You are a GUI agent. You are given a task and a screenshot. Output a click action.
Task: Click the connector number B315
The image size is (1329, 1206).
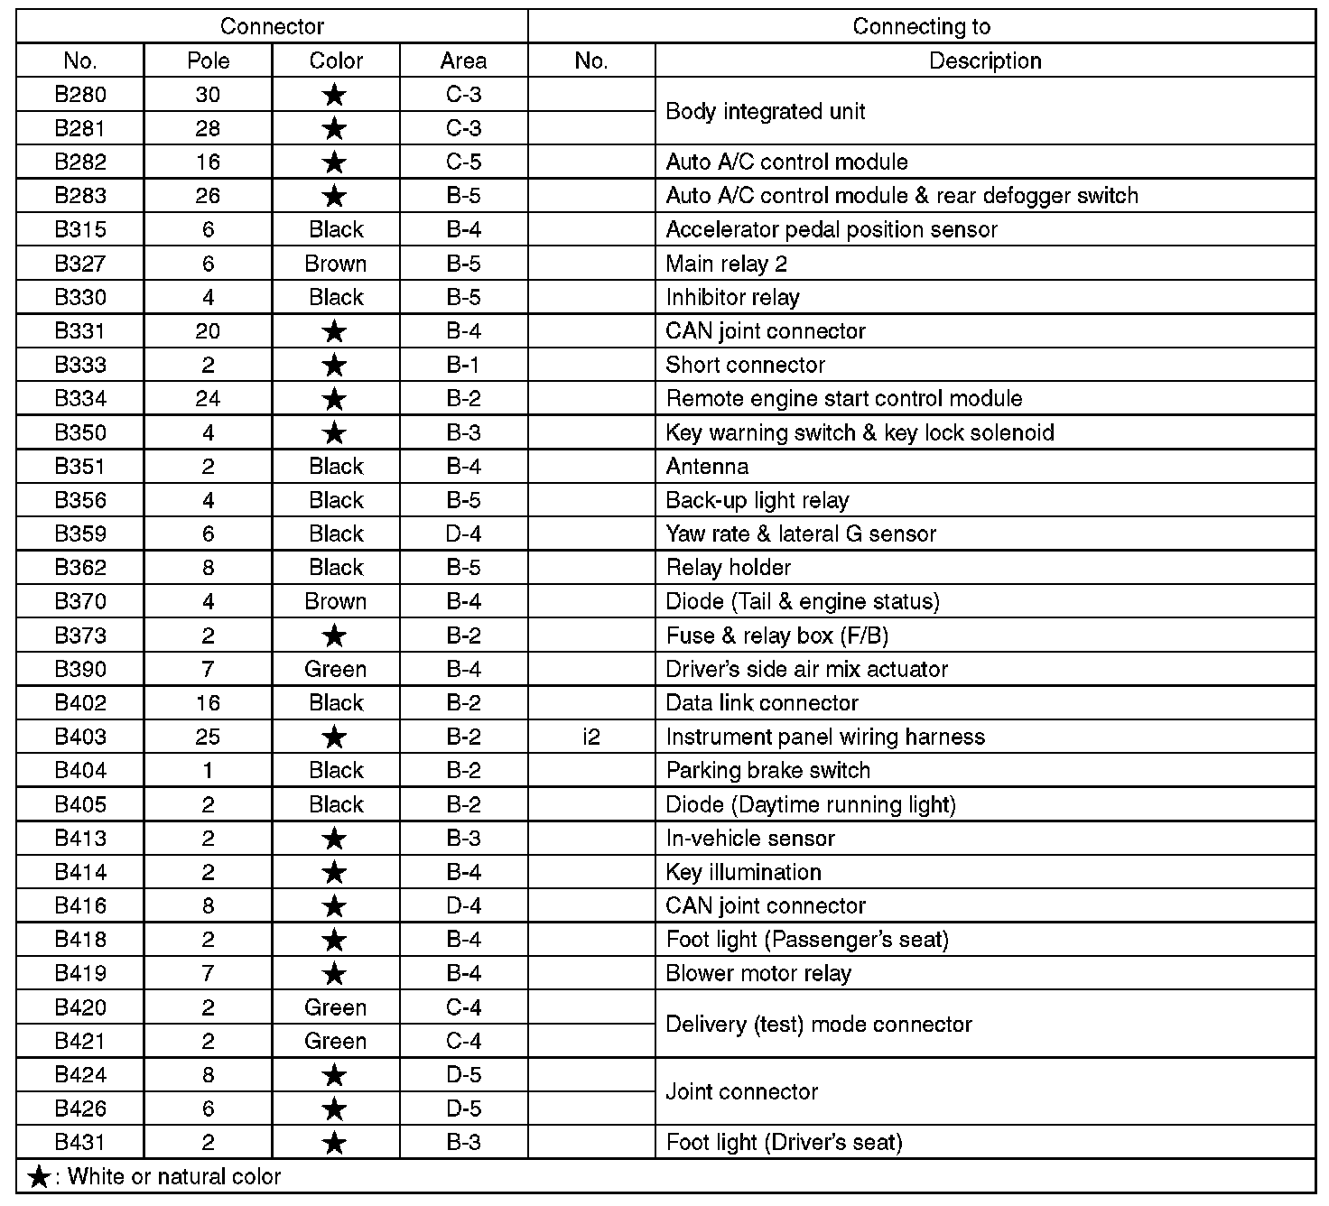(x=80, y=229)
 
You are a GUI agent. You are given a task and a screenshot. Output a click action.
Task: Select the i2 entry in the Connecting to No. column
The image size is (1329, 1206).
(x=590, y=737)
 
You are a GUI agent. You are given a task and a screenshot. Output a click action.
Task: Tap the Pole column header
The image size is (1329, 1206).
(x=208, y=60)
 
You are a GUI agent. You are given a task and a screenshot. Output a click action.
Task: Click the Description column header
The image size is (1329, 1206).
(x=985, y=60)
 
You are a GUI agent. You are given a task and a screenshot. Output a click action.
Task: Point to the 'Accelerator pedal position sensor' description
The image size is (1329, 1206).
(x=831, y=229)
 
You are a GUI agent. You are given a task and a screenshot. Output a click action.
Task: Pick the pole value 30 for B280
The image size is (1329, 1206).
(x=208, y=95)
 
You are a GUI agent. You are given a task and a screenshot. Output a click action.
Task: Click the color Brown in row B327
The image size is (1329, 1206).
(x=336, y=264)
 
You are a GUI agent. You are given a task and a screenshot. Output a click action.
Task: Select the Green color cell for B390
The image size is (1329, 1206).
(x=336, y=669)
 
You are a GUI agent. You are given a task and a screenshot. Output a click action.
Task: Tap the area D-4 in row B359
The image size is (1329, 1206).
(x=463, y=533)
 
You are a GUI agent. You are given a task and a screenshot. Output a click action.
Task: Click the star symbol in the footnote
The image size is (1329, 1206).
(x=39, y=1177)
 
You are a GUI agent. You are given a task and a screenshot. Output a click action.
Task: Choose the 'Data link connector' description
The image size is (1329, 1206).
(x=762, y=702)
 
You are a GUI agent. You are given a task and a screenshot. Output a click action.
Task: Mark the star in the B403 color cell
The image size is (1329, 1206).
(x=335, y=738)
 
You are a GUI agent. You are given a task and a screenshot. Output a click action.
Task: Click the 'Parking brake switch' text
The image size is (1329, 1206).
(x=767, y=770)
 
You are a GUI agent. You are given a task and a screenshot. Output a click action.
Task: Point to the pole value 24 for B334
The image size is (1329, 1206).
(x=208, y=398)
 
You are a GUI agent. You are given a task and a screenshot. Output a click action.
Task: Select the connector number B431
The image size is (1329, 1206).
(x=80, y=1142)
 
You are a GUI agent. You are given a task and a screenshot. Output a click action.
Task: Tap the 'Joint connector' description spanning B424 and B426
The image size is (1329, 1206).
(x=741, y=1091)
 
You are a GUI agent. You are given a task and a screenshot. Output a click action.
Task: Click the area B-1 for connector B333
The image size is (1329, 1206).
(x=463, y=365)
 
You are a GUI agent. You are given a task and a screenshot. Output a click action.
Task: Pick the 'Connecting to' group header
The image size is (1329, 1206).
(x=921, y=27)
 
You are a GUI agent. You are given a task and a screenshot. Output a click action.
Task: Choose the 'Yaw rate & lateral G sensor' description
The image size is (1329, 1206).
(x=800, y=533)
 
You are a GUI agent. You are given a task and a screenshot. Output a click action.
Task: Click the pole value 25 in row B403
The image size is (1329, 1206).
(x=208, y=737)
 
